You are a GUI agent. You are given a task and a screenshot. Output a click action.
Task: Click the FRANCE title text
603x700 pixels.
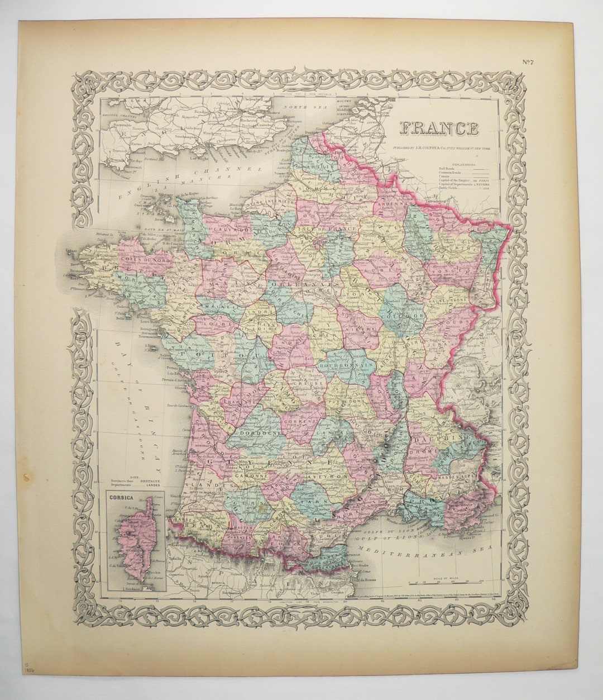click(439, 128)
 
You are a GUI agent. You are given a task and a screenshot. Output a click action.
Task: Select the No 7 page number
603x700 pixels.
click(528, 62)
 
